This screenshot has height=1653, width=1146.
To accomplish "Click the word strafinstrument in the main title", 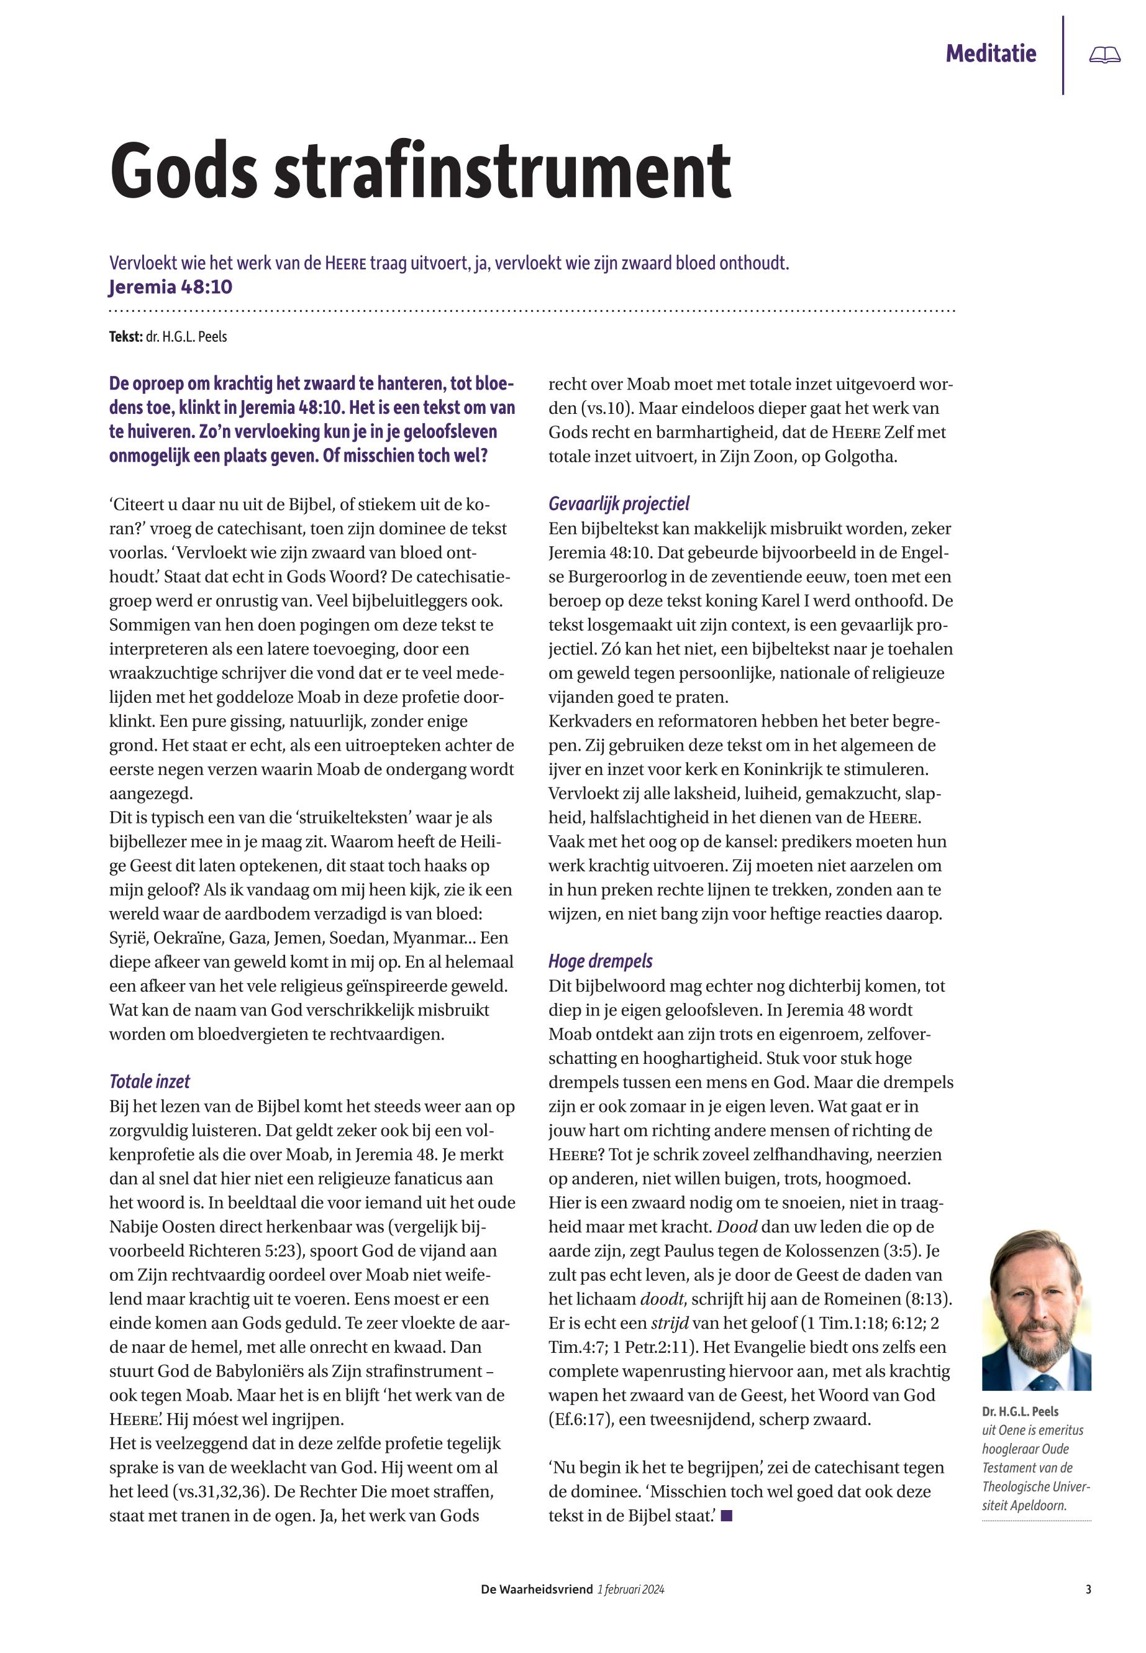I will click(x=502, y=172).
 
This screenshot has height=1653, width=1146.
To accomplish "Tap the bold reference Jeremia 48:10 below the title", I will click(x=170, y=287).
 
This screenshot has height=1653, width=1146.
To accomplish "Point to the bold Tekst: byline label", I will click(x=125, y=336).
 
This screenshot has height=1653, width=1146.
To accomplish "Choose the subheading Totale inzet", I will click(x=149, y=1081).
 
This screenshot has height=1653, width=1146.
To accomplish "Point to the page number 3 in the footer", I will click(x=1089, y=1589).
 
